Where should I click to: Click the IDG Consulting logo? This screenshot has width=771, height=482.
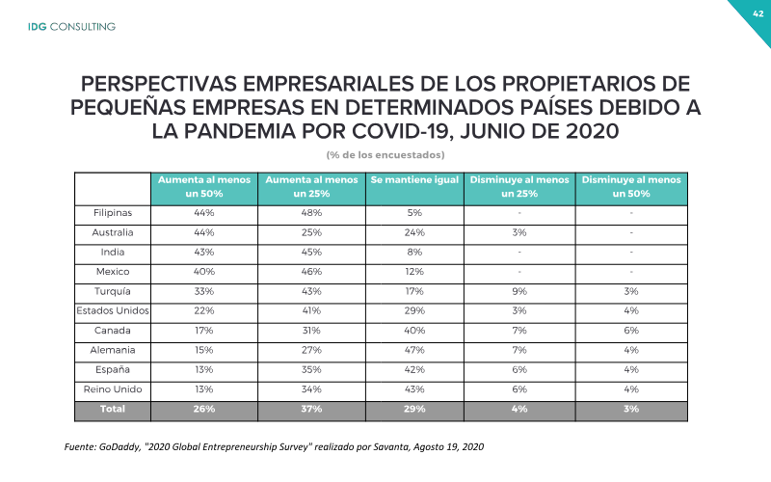point(71,27)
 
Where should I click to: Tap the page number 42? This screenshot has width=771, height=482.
point(758,13)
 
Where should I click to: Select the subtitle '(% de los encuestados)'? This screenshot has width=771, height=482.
point(385,155)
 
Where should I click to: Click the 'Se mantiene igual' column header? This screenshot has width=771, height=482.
point(414,180)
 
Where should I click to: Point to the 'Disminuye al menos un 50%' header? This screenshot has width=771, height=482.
point(631,187)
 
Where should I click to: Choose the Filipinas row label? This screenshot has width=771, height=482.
point(113,213)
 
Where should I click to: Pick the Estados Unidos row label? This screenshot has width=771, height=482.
point(113,310)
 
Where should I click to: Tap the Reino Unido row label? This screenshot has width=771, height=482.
point(113,389)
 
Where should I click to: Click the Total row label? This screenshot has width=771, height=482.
point(113,409)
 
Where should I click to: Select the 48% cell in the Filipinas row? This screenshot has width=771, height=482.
point(311,213)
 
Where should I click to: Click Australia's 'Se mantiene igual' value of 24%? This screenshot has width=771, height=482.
point(414,232)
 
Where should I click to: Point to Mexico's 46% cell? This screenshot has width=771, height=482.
point(311,272)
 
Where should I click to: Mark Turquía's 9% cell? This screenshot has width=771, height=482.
point(519,291)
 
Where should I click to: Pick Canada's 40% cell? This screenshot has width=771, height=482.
point(414,331)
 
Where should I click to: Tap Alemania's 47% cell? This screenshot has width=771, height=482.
point(414,350)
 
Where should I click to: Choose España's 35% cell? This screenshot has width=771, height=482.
point(311,370)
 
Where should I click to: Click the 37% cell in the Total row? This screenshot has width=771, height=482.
point(311,409)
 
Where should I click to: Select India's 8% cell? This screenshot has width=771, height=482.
point(414,253)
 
